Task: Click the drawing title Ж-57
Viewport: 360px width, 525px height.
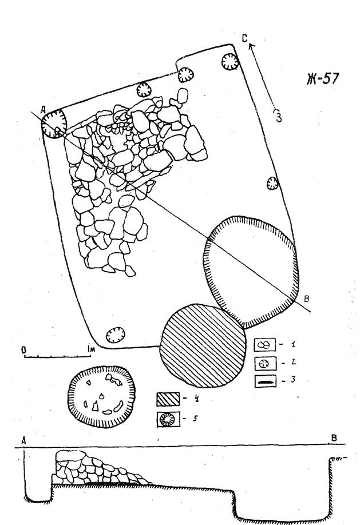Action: click(x=323, y=79)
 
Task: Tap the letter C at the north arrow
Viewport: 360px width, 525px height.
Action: click(x=245, y=39)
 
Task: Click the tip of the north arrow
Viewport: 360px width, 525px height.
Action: click(x=251, y=44)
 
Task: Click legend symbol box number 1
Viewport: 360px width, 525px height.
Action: click(x=265, y=344)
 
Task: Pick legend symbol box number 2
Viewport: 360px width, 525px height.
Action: click(x=266, y=363)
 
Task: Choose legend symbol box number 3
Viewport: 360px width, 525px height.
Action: click(x=266, y=381)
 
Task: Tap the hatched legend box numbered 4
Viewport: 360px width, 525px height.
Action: click(x=168, y=399)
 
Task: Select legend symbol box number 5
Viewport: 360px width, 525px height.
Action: click(x=168, y=419)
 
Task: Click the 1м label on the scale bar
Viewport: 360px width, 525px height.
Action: click(x=90, y=349)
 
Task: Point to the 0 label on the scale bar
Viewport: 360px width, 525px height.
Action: click(x=24, y=350)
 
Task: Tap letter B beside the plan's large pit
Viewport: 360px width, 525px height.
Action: click(x=306, y=299)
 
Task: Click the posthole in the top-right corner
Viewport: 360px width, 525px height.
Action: click(x=230, y=62)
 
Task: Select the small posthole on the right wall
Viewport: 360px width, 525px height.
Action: click(x=272, y=183)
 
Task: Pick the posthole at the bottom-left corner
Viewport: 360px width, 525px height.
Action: click(x=116, y=335)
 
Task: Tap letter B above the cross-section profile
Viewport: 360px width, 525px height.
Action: click(x=334, y=438)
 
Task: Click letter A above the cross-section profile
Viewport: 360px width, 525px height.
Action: click(x=24, y=440)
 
